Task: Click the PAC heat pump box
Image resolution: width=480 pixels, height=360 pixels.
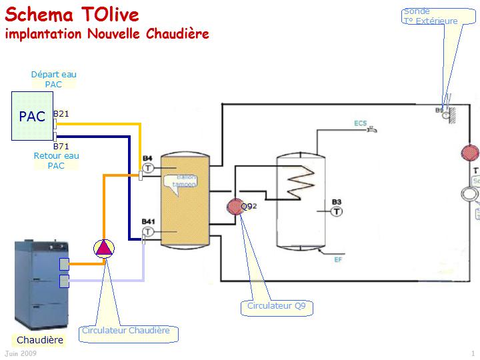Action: (32, 117)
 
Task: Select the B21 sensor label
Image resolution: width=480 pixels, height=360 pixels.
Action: (61, 114)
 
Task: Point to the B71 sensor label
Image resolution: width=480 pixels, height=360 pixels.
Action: (61, 145)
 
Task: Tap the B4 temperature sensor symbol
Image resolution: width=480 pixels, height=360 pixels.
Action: (148, 167)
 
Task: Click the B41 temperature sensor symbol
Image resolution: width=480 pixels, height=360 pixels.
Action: (148, 231)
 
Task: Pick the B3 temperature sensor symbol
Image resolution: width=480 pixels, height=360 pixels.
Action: (337, 211)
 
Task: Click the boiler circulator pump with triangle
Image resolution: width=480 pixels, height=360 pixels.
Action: (103, 248)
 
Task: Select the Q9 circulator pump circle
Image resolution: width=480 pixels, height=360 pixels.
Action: (235, 206)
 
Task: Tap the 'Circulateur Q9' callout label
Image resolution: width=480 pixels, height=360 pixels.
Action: (276, 307)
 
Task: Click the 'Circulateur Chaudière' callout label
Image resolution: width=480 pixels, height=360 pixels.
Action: (125, 331)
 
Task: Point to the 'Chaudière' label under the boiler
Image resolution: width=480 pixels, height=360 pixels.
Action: (40, 340)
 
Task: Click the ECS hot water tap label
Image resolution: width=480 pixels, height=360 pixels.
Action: (360, 124)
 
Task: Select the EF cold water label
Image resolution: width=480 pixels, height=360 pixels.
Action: (338, 259)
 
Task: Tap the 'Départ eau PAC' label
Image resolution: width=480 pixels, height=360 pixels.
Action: (53, 79)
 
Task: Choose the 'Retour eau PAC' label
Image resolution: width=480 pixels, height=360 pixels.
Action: (56, 161)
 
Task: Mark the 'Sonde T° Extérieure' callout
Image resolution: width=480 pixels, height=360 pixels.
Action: (431, 16)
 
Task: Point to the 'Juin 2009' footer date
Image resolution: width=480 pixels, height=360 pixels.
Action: (20, 353)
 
